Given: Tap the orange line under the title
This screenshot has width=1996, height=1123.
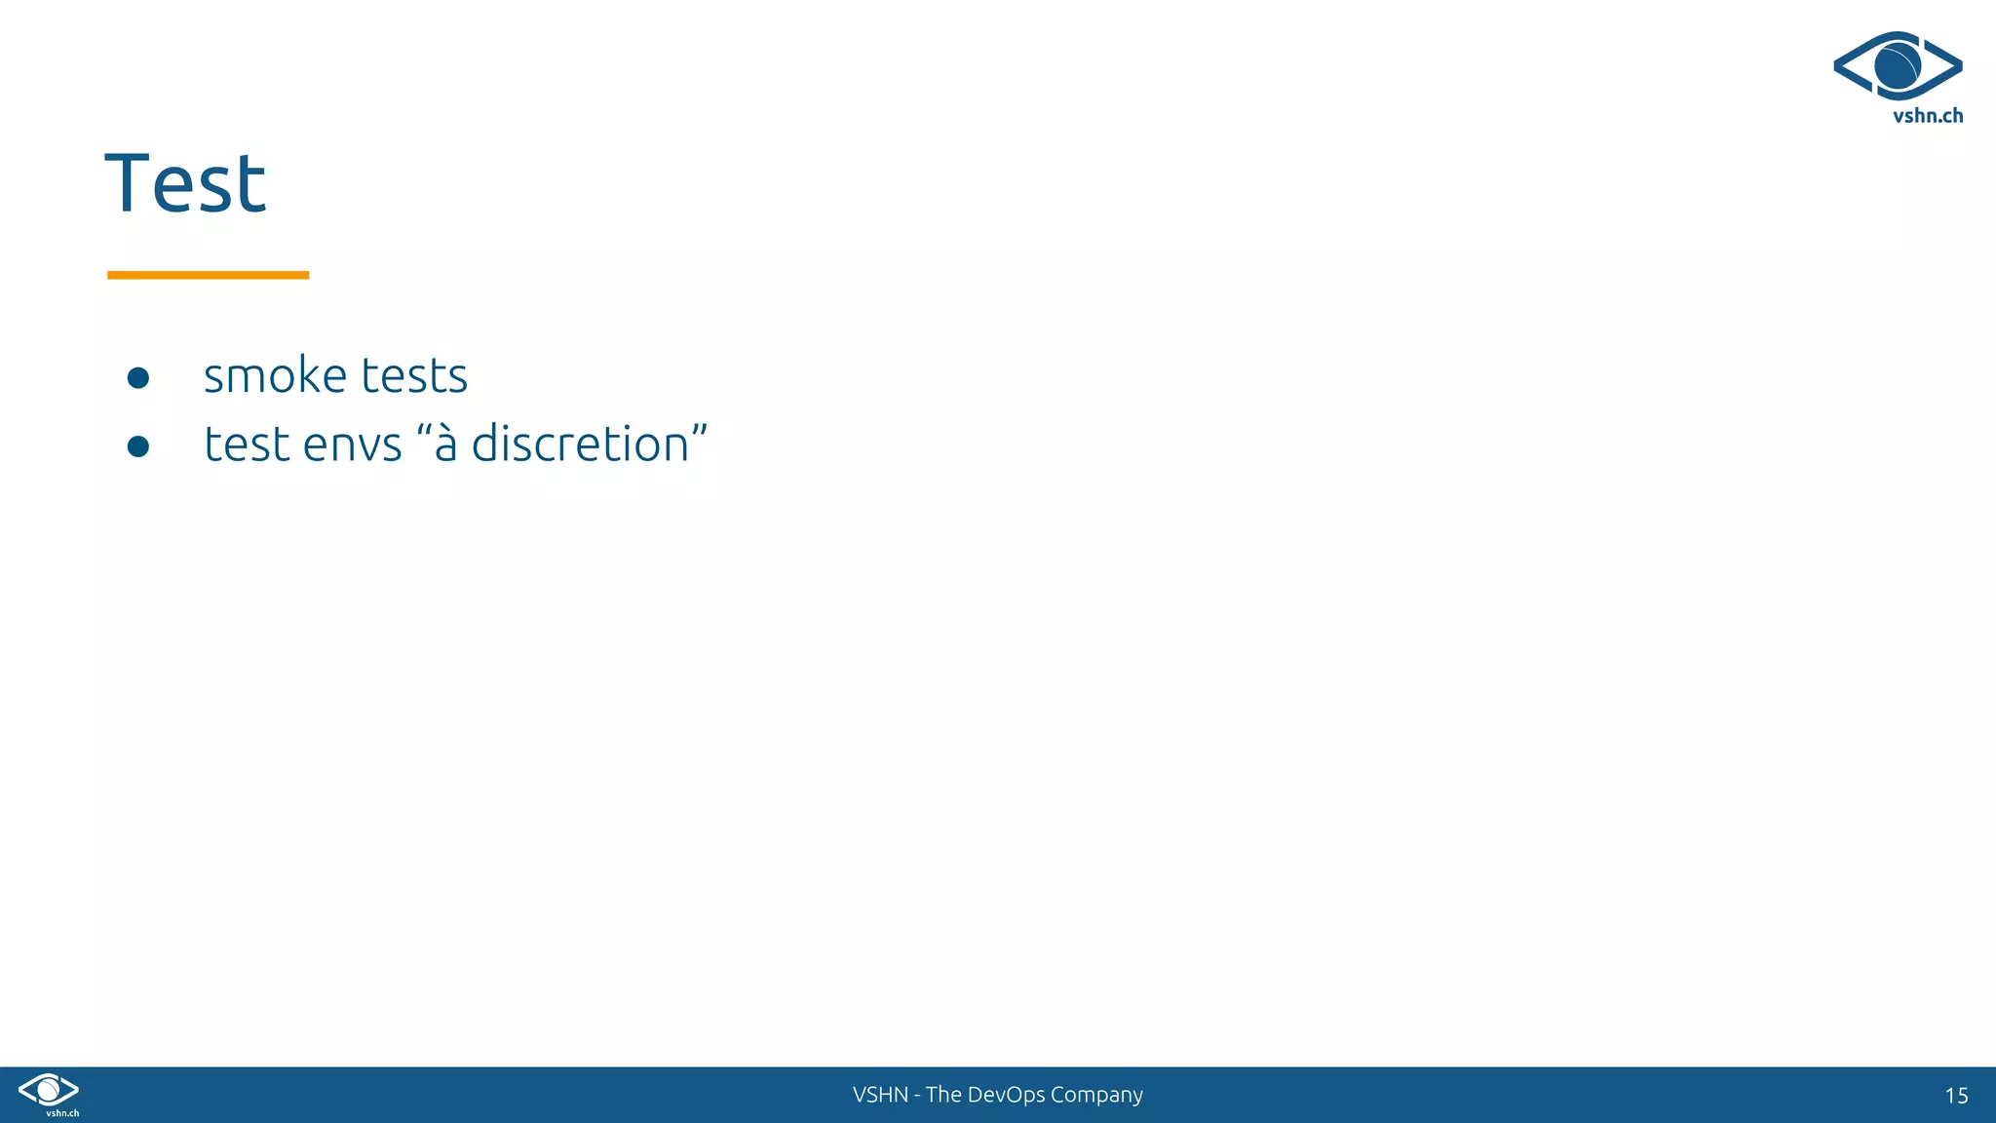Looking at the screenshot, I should pyautogui.click(x=208, y=275).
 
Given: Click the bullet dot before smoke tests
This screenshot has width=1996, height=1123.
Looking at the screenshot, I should pyautogui.click(x=138, y=377).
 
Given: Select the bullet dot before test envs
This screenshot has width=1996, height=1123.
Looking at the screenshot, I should pyautogui.click(x=138, y=446).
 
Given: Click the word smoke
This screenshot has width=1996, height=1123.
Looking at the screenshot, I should pyautogui.click(x=275, y=375).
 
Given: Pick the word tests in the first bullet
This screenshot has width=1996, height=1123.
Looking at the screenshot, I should pyautogui.click(x=414, y=375).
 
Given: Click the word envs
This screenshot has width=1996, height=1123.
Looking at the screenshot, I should pyautogui.click(x=352, y=445).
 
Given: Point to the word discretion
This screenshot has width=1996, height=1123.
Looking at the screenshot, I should pyautogui.click(x=580, y=444).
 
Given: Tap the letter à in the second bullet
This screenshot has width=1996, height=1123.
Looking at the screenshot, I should pyautogui.click(x=445, y=444).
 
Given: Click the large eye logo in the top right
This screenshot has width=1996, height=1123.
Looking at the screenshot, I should pyautogui.click(x=1898, y=65).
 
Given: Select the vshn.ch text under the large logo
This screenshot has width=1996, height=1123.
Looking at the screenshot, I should pyautogui.click(x=1927, y=116).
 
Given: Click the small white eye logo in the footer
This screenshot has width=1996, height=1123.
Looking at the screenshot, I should pyautogui.click(x=48, y=1089).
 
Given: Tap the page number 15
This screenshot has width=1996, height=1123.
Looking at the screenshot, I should pyautogui.click(x=1956, y=1096).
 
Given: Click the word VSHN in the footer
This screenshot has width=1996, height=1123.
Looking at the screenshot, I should pyautogui.click(x=880, y=1095).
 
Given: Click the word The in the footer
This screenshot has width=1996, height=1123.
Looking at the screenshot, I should pyautogui.click(x=943, y=1095).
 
